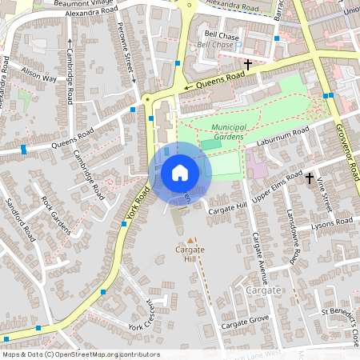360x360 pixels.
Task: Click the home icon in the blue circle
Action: click(180, 173)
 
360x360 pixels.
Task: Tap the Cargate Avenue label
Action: click(258, 258)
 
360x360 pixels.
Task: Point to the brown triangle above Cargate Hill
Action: click(190, 239)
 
